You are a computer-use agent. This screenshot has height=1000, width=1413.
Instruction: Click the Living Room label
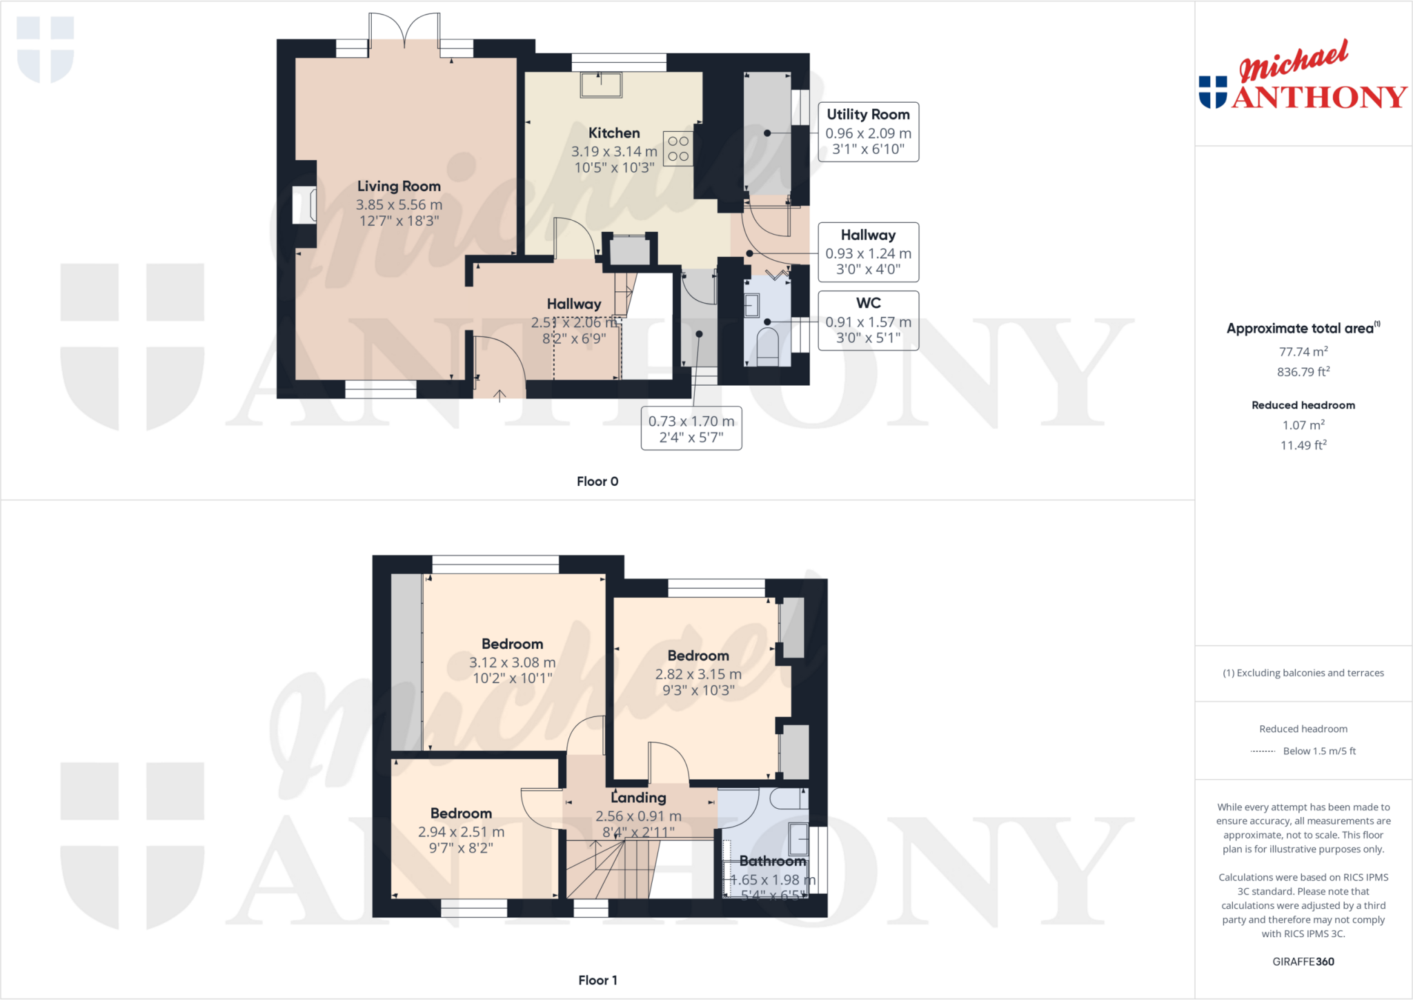click(399, 186)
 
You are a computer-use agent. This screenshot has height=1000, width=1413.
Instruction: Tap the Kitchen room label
click(614, 133)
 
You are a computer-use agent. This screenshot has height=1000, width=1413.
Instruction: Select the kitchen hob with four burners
click(678, 148)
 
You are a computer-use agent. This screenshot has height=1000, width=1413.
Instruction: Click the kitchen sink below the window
click(601, 85)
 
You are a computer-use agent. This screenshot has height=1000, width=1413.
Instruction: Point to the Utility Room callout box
click(868, 132)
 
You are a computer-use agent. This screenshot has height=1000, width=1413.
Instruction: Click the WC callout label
click(868, 303)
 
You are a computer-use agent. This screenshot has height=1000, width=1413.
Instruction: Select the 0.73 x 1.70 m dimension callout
click(691, 429)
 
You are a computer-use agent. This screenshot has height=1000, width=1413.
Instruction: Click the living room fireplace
click(304, 205)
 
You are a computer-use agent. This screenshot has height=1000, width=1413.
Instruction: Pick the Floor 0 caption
click(597, 482)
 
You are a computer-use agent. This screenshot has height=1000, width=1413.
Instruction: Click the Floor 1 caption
click(597, 980)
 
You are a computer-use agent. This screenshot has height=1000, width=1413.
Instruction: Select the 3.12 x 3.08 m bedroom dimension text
click(513, 663)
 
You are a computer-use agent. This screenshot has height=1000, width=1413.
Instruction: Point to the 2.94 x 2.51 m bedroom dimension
click(461, 832)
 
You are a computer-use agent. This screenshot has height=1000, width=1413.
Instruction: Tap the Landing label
click(639, 798)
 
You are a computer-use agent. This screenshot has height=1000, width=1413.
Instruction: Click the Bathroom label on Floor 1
click(773, 861)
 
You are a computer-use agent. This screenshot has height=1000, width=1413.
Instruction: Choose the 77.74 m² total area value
click(1303, 352)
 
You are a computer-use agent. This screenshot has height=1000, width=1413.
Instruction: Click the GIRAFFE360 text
click(1303, 961)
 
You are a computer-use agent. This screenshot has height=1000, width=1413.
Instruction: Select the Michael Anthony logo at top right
click(1303, 76)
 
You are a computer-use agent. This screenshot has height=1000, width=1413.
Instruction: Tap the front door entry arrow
click(500, 395)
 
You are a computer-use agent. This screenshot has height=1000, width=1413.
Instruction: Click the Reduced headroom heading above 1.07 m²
click(1303, 405)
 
